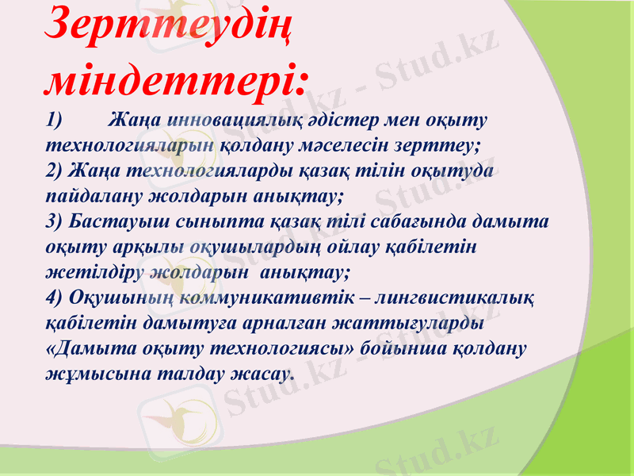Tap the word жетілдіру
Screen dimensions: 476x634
point(95,272)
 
